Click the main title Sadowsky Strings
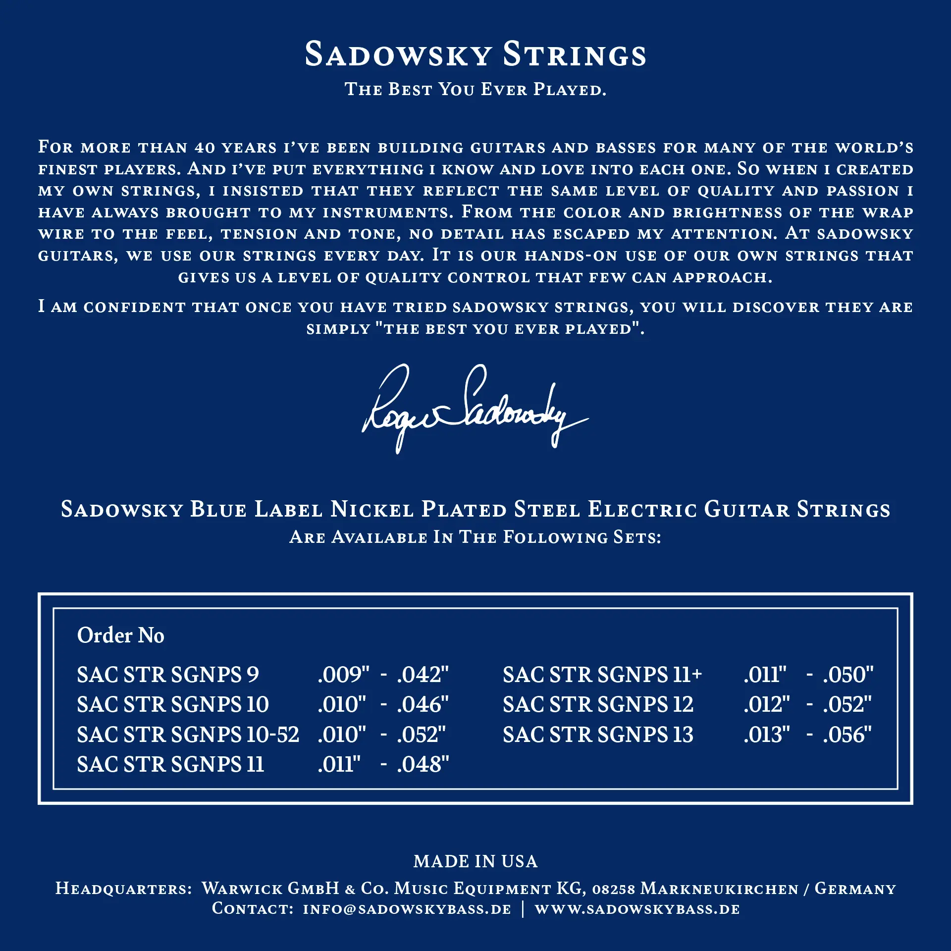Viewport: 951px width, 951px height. (x=475, y=54)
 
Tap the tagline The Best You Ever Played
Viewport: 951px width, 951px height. (x=475, y=90)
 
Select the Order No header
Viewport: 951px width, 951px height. (x=120, y=635)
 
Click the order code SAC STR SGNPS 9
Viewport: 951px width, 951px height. (x=168, y=675)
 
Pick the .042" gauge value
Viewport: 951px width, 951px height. (x=423, y=675)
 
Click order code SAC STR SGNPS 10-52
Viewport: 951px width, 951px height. (x=188, y=735)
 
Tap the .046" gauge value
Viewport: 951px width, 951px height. (x=423, y=704)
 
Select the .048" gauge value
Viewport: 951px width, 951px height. (x=423, y=764)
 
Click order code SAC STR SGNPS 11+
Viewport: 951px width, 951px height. (x=602, y=675)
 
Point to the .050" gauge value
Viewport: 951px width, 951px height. (x=848, y=675)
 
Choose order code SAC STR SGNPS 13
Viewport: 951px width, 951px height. (x=598, y=735)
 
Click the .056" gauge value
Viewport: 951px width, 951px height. (x=847, y=735)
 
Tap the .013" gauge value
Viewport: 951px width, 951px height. (x=766, y=735)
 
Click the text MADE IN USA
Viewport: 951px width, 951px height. (x=475, y=862)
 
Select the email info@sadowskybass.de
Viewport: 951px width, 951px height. (x=407, y=909)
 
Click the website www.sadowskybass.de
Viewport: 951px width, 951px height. (x=637, y=909)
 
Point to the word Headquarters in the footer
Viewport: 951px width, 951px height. (x=123, y=889)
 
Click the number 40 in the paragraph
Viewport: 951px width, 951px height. (x=204, y=148)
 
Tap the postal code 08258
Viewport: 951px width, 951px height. (x=613, y=889)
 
